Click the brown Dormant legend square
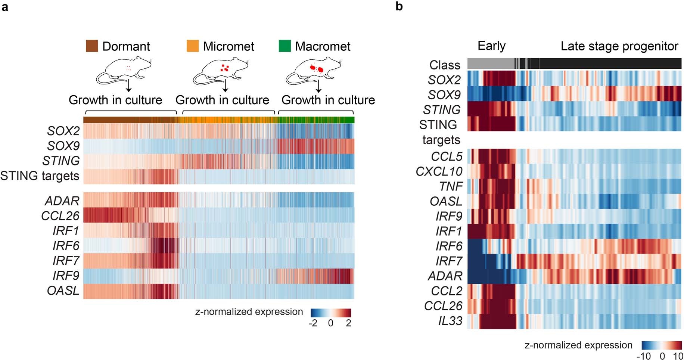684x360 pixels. coord(92,46)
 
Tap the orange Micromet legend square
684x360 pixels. coord(193,46)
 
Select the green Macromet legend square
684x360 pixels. coord(285,46)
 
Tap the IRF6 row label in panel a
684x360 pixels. coord(66,246)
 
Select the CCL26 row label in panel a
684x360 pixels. coord(60,216)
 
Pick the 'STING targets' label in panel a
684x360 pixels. coord(40,176)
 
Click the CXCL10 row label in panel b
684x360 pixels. coord(439,171)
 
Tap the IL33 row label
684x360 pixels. coord(450,321)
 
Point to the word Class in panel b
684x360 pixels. coord(445,65)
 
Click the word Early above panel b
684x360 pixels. coord(491,46)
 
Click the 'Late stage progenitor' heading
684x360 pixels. coord(619,46)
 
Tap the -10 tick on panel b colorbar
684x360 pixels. coord(643,356)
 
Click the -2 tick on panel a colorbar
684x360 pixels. coord(313,323)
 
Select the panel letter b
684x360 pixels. coord(399,6)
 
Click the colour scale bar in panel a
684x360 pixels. coord(331,313)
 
